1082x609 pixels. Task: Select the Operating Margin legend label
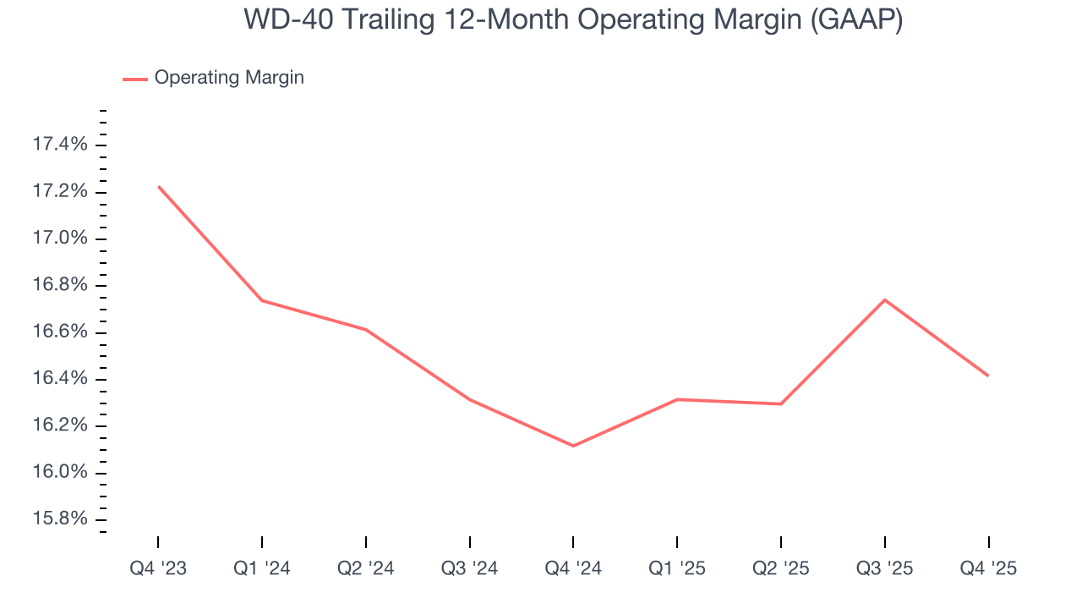pos(229,78)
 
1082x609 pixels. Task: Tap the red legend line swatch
pos(135,79)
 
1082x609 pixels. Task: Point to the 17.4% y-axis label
pos(59,145)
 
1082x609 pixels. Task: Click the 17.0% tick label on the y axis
pos(59,239)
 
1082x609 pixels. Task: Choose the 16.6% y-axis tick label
pos(59,332)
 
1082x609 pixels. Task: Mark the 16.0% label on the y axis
pos(59,471)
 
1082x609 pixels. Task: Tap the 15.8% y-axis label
pos(59,518)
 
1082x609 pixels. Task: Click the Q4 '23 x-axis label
pos(158,569)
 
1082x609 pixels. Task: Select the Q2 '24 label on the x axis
pos(366,569)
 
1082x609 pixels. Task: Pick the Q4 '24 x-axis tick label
pos(573,569)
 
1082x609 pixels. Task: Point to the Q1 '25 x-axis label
pos(677,569)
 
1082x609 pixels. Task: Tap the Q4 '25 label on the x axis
pos(988,569)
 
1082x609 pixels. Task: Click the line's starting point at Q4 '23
pos(158,186)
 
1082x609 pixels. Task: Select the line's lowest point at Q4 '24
pos(573,446)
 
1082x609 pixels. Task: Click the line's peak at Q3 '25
pos(885,299)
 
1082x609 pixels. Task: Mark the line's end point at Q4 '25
pos(988,376)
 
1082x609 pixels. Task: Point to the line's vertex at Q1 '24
pos(262,300)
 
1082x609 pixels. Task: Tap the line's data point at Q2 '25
pos(781,403)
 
